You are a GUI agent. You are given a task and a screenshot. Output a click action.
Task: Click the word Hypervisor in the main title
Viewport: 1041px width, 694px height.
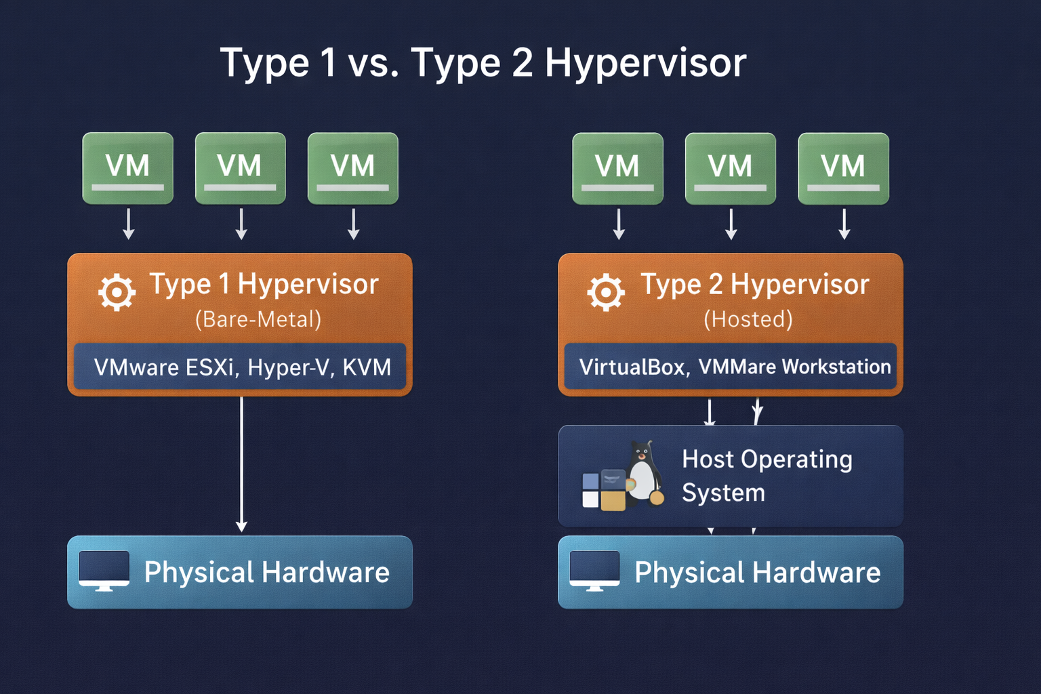pos(645,63)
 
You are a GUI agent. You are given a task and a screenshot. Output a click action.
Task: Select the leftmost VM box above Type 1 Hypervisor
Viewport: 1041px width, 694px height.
pos(127,168)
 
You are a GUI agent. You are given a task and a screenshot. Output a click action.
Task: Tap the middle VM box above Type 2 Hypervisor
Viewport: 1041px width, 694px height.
pos(730,168)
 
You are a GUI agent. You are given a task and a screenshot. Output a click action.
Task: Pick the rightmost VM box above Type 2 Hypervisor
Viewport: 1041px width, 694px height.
pos(843,168)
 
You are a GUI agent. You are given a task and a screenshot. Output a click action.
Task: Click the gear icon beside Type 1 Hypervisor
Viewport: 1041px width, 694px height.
pos(117,292)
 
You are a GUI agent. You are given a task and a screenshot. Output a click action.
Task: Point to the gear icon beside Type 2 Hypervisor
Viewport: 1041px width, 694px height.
pos(606,292)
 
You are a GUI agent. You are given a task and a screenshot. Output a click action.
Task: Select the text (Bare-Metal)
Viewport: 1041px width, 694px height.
pos(258,319)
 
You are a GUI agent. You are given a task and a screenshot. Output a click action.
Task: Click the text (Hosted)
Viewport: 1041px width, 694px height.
pos(748,319)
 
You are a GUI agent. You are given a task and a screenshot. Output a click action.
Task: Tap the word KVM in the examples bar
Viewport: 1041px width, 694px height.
pos(367,367)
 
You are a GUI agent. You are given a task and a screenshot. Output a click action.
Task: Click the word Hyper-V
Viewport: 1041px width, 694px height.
pos(288,367)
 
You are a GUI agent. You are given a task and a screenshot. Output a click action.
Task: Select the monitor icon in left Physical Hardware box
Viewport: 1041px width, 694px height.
pos(104,570)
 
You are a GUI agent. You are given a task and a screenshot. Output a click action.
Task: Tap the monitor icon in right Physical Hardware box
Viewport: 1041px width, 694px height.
pos(594,570)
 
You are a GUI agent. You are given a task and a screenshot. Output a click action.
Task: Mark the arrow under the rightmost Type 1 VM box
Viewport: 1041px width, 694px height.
pos(353,224)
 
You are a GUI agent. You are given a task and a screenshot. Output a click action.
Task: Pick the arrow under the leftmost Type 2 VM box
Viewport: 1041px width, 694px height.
pos(618,224)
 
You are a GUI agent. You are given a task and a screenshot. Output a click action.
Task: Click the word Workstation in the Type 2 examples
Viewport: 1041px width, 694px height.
pos(836,367)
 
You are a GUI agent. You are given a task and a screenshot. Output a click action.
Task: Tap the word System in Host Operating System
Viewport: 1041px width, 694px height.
pos(723,493)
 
